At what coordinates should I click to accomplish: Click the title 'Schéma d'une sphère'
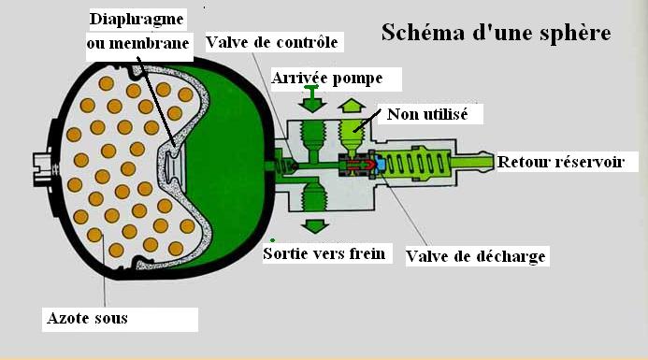point(496,32)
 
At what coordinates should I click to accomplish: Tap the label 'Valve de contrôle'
point(272,42)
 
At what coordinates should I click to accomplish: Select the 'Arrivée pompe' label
point(327,78)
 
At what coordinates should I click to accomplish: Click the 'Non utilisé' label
point(427,114)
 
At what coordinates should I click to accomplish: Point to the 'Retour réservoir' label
point(561,162)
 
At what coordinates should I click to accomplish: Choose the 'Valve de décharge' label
point(476,256)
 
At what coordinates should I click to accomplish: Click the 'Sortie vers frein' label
point(324,253)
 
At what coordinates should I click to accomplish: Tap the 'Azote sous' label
point(88,318)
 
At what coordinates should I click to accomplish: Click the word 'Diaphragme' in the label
point(137,20)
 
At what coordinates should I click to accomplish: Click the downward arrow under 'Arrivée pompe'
point(312,98)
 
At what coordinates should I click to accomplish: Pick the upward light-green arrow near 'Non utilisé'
point(352,106)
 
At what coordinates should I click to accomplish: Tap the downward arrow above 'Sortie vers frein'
point(315,226)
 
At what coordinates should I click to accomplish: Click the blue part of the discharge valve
point(380,165)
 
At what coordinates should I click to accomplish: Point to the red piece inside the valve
point(359,165)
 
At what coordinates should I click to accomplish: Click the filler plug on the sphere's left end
point(43,169)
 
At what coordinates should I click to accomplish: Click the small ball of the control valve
point(295,166)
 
